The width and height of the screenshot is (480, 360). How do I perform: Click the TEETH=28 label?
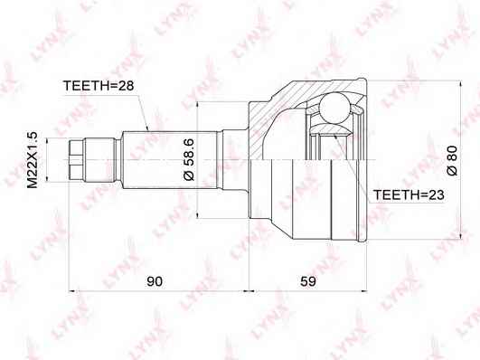(99, 86)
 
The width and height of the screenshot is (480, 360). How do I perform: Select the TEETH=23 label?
(409, 194)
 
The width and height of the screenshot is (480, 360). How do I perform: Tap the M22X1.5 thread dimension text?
(33, 159)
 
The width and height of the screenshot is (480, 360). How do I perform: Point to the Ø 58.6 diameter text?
(189, 159)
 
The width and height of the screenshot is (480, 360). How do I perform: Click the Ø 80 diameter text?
(452, 160)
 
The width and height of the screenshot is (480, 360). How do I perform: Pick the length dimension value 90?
(155, 281)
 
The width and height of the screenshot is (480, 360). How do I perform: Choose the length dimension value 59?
(308, 281)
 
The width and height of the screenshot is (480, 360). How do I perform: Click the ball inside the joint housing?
(334, 109)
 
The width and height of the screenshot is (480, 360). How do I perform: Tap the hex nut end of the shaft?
(76, 159)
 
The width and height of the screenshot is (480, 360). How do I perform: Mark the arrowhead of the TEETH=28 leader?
(147, 128)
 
